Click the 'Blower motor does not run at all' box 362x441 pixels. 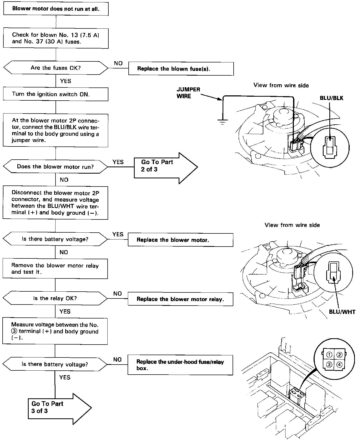(56, 9)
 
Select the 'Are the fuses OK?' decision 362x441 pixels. (56, 68)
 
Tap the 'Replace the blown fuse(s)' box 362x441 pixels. (181, 69)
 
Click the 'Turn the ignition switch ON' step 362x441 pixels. (56, 94)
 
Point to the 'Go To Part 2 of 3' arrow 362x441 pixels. (166, 168)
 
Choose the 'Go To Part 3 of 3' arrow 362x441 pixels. (60, 409)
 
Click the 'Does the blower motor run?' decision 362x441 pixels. (55, 167)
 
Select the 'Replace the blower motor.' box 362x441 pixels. (180, 240)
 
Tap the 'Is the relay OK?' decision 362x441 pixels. (55, 298)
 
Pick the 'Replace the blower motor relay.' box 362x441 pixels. (180, 299)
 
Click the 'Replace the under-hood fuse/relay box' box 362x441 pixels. (180, 365)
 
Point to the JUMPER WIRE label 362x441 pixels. (188, 93)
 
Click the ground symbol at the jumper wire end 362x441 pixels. (223, 121)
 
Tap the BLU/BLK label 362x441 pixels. (331, 98)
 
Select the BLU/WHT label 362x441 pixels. (342, 312)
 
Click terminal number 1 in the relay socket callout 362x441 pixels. (329, 355)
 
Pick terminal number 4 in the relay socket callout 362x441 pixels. (339, 365)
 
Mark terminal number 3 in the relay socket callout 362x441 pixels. (329, 365)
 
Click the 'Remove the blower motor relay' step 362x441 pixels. (55, 269)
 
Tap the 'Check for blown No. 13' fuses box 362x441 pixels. (56, 38)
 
